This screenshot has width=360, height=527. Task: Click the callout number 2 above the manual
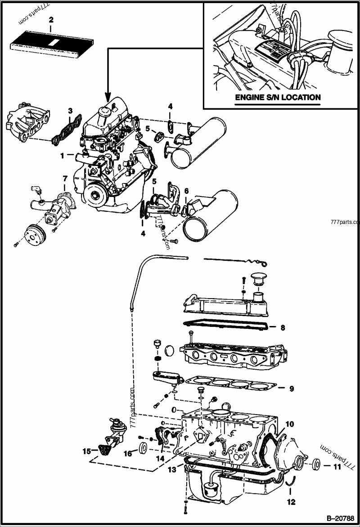(51, 19)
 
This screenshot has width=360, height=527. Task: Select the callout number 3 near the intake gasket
(70, 110)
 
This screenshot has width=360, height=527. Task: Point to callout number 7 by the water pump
(65, 179)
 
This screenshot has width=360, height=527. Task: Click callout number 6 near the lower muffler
(186, 190)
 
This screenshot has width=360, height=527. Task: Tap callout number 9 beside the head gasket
(292, 388)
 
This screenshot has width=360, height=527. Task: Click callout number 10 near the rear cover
(289, 424)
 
